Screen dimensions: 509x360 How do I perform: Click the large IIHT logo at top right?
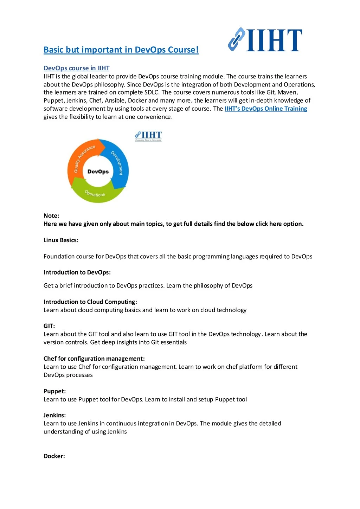tap(265, 40)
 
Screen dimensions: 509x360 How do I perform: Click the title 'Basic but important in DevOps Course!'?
tap(121, 50)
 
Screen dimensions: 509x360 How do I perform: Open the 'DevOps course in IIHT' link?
tap(76, 68)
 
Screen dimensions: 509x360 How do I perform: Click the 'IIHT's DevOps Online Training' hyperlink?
tap(266, 109)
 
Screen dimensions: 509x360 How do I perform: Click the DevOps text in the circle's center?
tap(98, 172)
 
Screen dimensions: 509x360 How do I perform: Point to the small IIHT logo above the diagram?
tap(148, 136)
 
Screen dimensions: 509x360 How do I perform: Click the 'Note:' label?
tap(51, 216)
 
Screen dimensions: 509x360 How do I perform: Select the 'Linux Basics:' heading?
tap(61, 240)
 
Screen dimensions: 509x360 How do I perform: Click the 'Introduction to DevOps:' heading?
tap(77, 272)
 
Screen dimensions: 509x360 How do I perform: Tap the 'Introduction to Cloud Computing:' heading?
tap(90, 302)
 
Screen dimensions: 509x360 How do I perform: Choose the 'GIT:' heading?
tap(49, 326)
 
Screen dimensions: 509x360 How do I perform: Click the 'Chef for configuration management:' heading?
tap(94, 359)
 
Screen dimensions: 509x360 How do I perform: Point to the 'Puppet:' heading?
tap(54, 391)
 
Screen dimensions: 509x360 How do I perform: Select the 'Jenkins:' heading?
tap(54, 415)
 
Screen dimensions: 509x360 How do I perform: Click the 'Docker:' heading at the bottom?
tap(54, 456)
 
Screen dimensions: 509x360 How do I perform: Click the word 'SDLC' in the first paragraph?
tap(152, 92)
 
